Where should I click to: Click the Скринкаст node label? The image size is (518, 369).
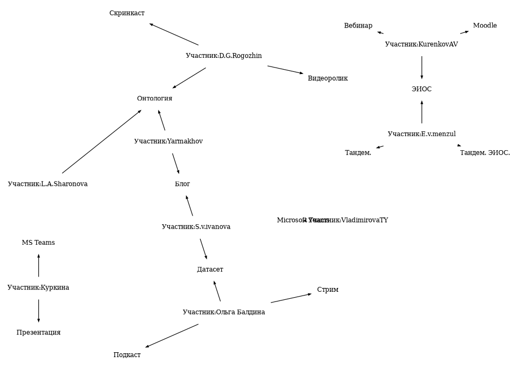pyautogui.click(x=127, y=13)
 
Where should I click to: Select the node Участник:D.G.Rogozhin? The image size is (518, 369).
pyautogui.click(x=223, y=56)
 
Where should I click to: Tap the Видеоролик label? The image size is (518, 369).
pyautogui.click(x=328, y=78)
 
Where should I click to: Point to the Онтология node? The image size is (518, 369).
pyautogui.click(x=154, y=98)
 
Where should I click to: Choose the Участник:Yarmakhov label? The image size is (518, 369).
pyautogui.click(x=168, y=141)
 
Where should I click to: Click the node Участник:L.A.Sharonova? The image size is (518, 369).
pyautogui.click(x=47, y=184)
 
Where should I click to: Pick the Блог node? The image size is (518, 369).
pyautogui.click(x=182, y=184)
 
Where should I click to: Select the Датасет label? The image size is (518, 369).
pyautogui.click(x=210, y=269)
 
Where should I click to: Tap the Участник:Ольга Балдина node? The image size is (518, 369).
pyautogui.click(x=223, y=312)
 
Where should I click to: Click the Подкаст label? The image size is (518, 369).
pyautogui.click(x=127, y=355)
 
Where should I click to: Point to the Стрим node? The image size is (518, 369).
pyautogui.click(x=328, y=290)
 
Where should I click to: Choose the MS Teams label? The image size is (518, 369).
pyautogui.click(x=38, y=243)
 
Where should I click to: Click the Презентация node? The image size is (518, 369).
pyautogui.click(x=38, y=332)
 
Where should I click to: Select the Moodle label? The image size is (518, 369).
pyautogui.click(x=485, y=25)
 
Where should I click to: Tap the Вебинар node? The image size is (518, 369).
pyautogui.click(x=358, y=25)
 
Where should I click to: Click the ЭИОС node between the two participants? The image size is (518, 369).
pyautogui.click(x=421, y=89)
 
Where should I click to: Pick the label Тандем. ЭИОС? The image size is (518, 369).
pyautogui.click(x=485, y=153)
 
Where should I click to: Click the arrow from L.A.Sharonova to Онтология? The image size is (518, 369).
pyautogui.click(x=101, y=142)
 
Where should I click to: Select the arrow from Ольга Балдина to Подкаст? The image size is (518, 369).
pyautogui.click(x=172, y=336)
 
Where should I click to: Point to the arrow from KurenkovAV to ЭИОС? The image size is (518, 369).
pyautogui.click(x=421, y=67)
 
